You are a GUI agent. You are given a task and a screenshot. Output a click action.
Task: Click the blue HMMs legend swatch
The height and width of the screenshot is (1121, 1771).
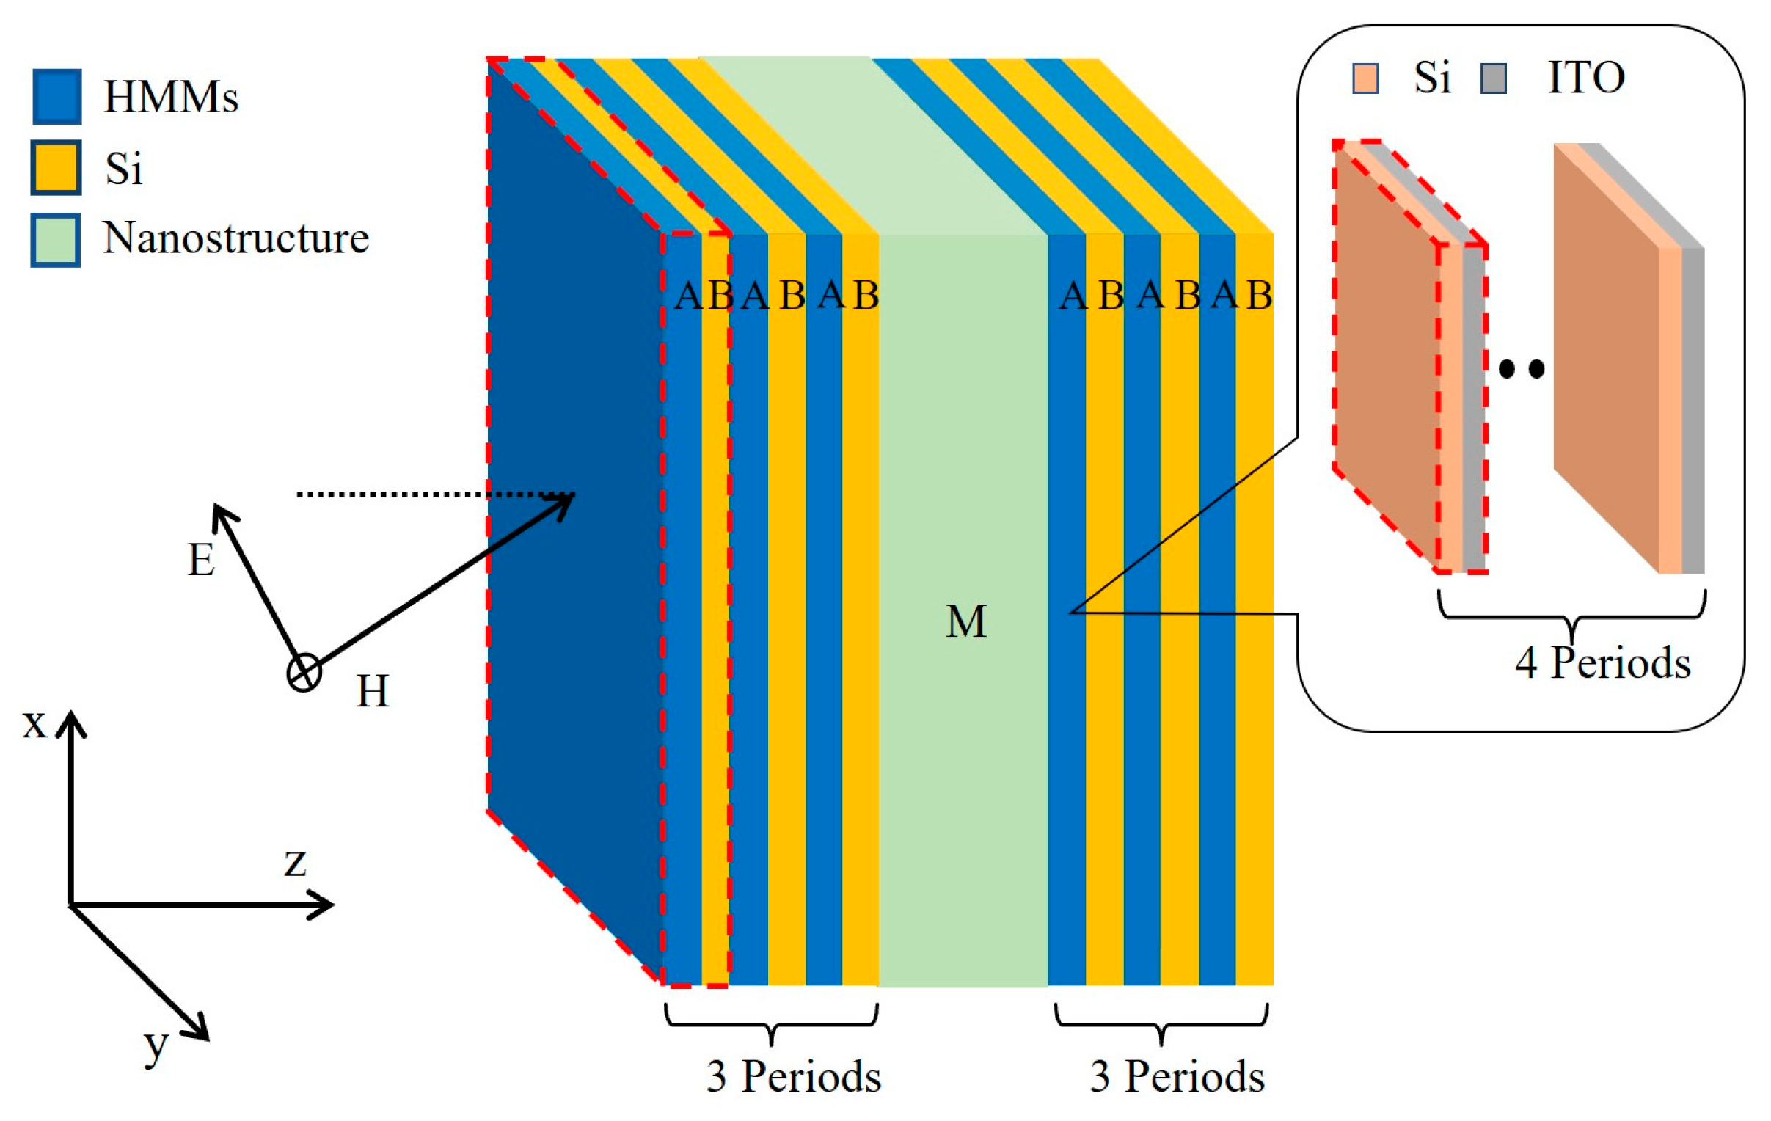pos(56,96)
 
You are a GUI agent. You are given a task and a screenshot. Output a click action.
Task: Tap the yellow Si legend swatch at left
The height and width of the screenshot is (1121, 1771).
pos(56,168)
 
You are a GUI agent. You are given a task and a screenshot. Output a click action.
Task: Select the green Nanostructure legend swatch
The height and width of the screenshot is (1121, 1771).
pos(56,239)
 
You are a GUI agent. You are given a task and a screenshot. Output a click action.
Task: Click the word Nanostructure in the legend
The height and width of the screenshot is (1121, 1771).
pos(235,238)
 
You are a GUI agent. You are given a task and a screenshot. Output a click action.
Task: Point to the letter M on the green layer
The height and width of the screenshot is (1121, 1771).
pos(965,621)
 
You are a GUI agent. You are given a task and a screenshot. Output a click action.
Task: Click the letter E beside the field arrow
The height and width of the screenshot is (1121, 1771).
pos(201,560)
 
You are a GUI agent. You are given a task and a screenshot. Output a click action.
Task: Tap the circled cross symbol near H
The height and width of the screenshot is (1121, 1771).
pos(304,673)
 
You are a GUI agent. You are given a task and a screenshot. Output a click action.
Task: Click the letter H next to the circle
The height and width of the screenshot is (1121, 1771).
pos(372,691)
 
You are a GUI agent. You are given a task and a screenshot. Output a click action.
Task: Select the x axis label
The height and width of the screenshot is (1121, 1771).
pos(34,724)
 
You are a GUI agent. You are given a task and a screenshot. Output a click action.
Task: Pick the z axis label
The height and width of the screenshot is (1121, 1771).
pos(295,861)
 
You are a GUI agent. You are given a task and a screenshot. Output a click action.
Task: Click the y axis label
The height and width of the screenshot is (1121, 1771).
pos(156,1045)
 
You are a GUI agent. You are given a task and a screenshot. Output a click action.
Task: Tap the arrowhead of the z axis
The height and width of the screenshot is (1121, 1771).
pos(324,905)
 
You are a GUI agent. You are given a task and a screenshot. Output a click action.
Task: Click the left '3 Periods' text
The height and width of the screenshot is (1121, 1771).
pos(794,1077)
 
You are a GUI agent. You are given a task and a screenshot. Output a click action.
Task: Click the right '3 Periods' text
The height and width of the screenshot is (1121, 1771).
pos(1177,1077)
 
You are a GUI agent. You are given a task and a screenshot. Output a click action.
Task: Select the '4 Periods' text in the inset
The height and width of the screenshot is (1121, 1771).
pos(1602,662)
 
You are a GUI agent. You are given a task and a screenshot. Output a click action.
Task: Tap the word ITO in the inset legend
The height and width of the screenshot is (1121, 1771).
pos(1585,77)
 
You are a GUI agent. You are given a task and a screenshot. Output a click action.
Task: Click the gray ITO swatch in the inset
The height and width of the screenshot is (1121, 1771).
pos(1493,78)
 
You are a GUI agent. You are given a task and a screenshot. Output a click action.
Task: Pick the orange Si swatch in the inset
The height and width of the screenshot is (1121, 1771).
pos(1365,78)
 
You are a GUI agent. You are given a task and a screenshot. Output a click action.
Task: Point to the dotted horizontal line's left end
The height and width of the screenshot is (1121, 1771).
pos(299,494)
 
